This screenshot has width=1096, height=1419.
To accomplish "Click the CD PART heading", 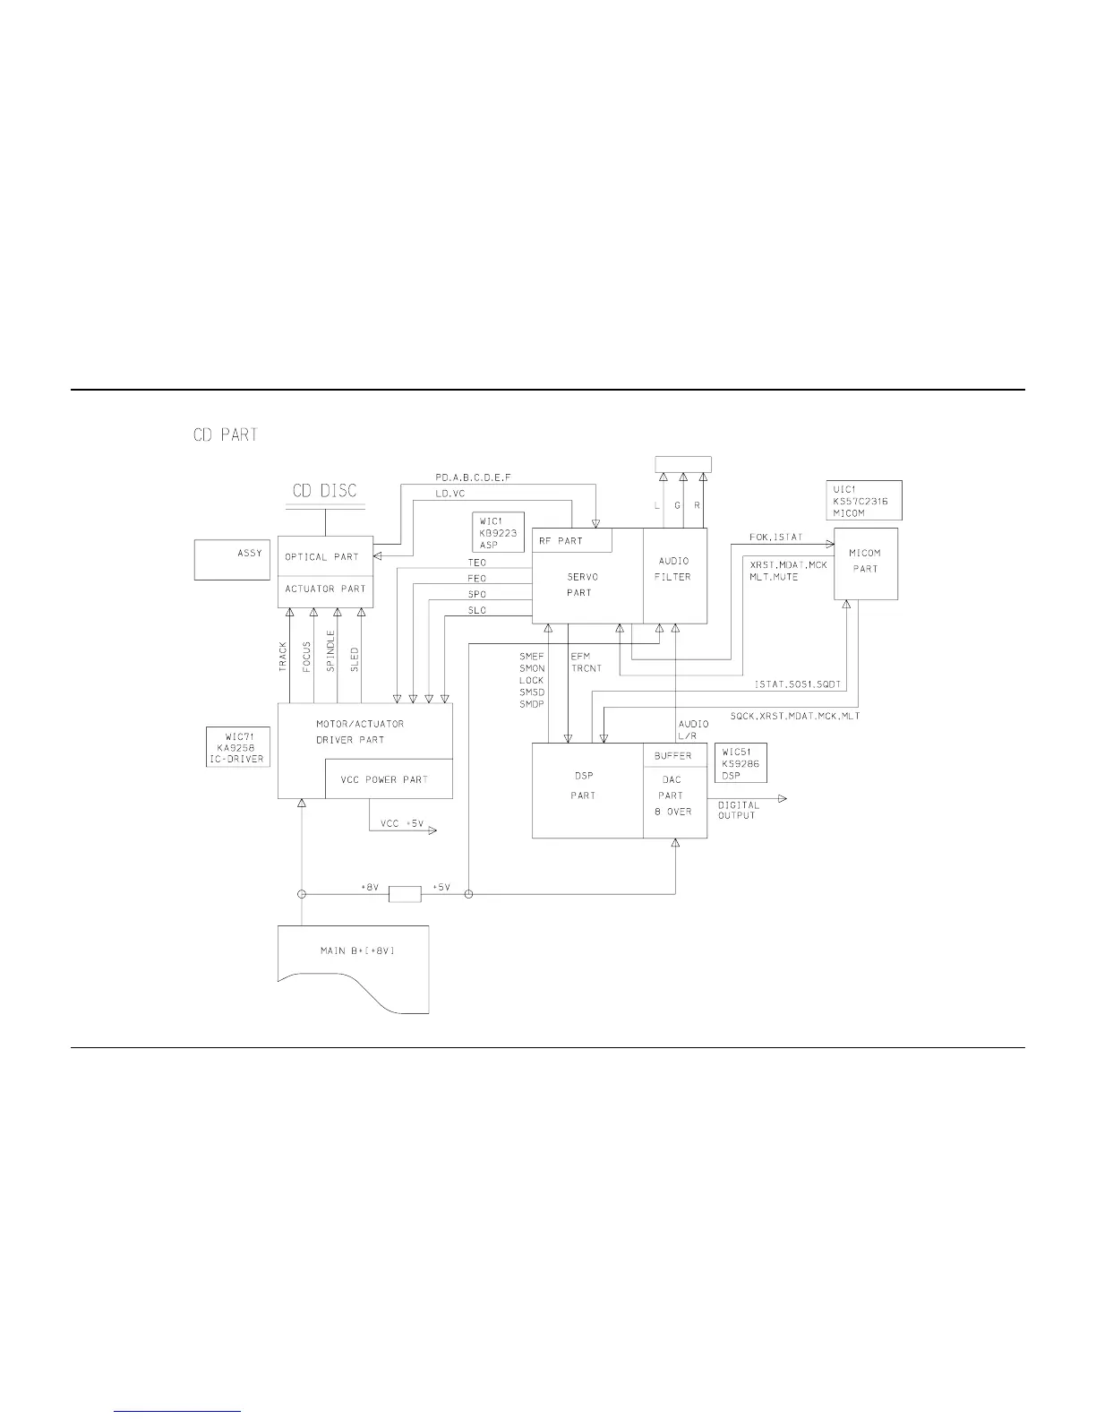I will (x=226, y=435).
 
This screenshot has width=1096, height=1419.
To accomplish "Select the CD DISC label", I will (x=325, y=491).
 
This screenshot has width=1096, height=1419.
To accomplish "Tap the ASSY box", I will (x=232, y=560).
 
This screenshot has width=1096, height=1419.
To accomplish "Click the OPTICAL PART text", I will (x=321, y=557).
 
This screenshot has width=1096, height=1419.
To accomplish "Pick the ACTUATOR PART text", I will (x=325, y=589).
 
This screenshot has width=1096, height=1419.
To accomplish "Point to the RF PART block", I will (x=573, y=540).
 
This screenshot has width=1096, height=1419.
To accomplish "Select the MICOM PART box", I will (x=866, y=563).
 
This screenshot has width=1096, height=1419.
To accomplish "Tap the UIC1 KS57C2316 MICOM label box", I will (x=864, y=501).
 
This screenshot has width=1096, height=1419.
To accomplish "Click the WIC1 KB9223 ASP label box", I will (x=499, y=532).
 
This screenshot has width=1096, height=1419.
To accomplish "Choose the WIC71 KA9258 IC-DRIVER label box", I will (x=236, y=746).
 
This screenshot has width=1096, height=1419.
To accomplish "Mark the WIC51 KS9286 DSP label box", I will (x=741, y=762).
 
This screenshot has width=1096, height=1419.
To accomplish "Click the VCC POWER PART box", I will (x=389, y=779).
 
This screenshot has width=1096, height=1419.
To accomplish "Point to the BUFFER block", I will (x=674, y=756).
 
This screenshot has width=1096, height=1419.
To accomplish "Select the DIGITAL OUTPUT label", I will (x=738, y=810).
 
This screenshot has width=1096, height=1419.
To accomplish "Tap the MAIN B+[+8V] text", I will (x=357, y=950).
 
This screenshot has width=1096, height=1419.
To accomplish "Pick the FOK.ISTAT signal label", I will (x=776, y=537).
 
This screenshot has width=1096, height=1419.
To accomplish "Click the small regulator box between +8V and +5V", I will (x=406, y=894).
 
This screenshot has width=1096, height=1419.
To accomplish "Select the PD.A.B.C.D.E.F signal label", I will (x=473, y=478).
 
